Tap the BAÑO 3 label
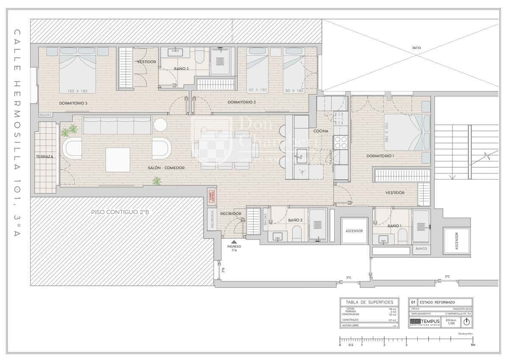[x=181, y=68]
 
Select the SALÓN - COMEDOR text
[x=166, y=168]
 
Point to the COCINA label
[x=321, y=131]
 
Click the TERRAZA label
[x=45, y=157]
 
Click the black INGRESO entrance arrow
[x=234, y=242]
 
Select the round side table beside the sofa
[x=160, y=124]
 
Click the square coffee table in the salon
[x=117, y=160]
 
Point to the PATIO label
[x=417, y=48]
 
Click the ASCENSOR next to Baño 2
[x=354, y=231]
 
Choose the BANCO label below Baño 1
[x=421, y=248]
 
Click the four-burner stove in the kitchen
[x=341, y=142]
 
